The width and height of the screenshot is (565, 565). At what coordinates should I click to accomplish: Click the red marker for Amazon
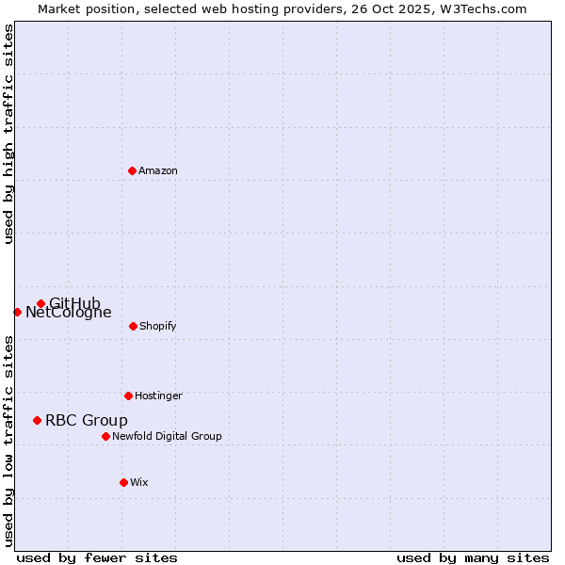tap(132, 170)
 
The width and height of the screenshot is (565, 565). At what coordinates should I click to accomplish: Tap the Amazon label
tap(158, 171)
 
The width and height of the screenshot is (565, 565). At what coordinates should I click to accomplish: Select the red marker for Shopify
tap(133, 326)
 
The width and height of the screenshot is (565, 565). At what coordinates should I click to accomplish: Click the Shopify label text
tap(157, 327)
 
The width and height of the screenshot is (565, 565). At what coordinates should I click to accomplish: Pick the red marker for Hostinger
tap(128, 395)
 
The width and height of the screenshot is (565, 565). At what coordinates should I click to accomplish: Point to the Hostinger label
tap(158, 396)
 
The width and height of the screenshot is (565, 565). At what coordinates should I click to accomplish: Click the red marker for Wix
tap(123, 482)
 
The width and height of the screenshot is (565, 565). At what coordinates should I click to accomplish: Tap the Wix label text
tap(139, 483)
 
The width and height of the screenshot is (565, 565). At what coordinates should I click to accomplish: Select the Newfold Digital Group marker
tap(105, 436)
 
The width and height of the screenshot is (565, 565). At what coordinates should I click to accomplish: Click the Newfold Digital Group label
tap(167, 437)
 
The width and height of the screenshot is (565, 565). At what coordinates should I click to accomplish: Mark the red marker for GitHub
tap(40, 303)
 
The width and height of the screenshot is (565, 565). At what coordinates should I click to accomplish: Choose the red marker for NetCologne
tap(17, 312)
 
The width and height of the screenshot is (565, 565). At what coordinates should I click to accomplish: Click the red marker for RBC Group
tap(37, 420)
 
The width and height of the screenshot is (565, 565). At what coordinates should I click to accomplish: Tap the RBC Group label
tap(87, 421)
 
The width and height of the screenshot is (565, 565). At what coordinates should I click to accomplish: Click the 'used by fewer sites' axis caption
tap(97, 557)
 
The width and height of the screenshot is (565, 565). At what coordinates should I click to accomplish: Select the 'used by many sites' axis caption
tap(473, 557)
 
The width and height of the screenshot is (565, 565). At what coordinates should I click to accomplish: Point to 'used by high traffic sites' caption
tap(8, 134)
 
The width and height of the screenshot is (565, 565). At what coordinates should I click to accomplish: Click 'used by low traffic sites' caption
tap(8, 440)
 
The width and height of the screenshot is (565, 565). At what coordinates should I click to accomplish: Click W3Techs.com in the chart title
tap(481, 8)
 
